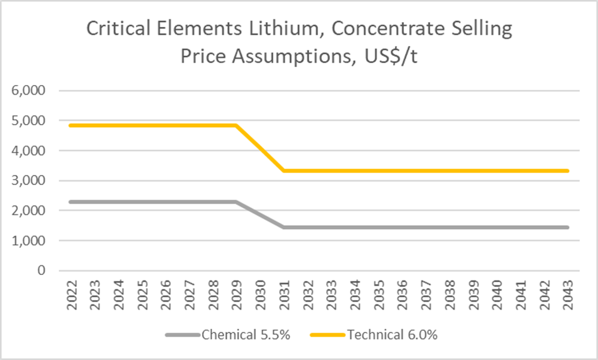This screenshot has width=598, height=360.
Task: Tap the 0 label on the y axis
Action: [42, 271]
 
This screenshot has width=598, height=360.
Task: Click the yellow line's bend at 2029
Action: [236, 126]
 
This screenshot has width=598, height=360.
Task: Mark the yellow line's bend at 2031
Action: [283, 171]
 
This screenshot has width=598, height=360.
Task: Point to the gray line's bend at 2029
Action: [236, 202]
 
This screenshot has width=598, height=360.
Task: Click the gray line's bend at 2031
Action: [283, 228]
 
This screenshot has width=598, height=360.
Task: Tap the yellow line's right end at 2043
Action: [566, 171]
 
